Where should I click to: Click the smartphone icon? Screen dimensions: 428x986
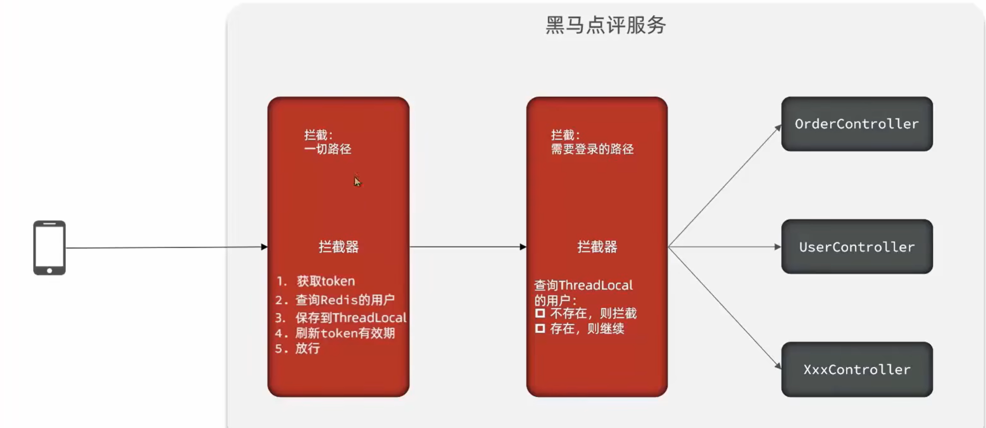(x=49, y=247)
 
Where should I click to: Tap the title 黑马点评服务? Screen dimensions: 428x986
(x=605, y=25)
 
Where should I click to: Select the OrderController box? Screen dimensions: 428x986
(x=857, y=124)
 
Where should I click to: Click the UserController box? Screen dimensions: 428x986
(x=857, y=246)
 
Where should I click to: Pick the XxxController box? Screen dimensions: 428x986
(x=857, y=369)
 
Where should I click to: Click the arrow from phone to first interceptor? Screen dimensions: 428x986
(x=167, y=247)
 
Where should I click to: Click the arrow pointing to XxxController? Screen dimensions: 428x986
(x=724, y=307)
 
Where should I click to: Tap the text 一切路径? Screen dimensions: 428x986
(x=328, y=149)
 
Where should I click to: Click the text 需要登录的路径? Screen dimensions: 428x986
(x=592, y=149)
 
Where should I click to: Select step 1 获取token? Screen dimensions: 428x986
(x=325, y=281)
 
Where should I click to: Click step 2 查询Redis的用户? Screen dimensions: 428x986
(x=345, y=300)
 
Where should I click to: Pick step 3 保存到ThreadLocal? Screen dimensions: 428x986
(x=350, y=317)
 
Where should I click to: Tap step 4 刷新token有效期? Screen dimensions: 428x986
(x=345, y=333)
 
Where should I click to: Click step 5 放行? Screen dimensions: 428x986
(x=307, y=348)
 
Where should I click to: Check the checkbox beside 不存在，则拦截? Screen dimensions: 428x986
(x=540, y=313)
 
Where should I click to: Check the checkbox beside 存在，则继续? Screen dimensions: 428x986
(x=540, y=328)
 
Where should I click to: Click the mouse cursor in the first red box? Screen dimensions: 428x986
(x=357, y=181)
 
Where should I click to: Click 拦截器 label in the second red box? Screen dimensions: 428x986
(x=597, y=247)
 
